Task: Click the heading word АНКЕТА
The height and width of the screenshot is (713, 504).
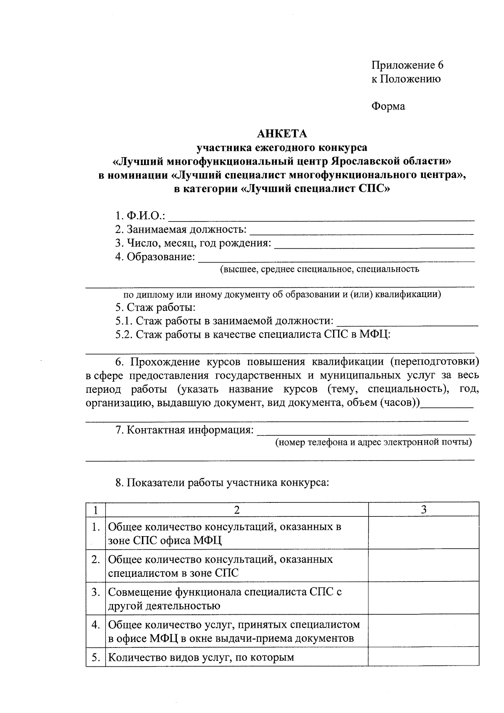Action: coord(282,134)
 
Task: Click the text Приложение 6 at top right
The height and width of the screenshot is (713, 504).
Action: coord(407,65)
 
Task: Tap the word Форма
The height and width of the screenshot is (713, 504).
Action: coord(388,106)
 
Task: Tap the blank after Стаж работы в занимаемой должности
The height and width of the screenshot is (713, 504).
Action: coord(407,323)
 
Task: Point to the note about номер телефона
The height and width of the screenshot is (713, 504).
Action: coord(373,442)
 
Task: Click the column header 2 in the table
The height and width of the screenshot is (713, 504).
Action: coord(237,510)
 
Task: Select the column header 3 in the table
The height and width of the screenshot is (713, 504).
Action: coord(423,510)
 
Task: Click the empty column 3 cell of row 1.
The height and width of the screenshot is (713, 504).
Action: coord(423,533)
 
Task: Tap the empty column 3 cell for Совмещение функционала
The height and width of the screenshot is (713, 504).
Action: coord(423,598)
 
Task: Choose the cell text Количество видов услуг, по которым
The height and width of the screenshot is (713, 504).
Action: coord(201,658)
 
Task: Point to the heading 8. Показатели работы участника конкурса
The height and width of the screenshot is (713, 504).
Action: coord(222,483)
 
